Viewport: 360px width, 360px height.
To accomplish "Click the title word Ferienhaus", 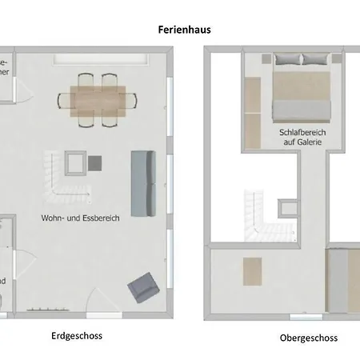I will tap(185, 30).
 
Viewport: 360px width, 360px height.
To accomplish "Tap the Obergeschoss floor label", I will tap(309, 338).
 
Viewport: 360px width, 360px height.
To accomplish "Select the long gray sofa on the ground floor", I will tap(143, 182).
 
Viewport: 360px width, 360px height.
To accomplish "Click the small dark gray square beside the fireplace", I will tap(95, 163).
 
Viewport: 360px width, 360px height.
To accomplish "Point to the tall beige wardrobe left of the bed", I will tap(252, 112).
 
